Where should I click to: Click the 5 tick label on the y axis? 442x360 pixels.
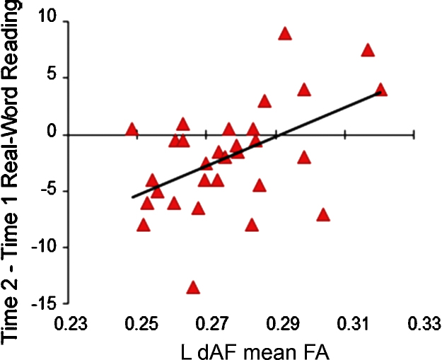(52, 78)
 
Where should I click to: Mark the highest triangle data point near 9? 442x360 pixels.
(285, 34)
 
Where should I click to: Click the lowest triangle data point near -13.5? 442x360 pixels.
(192, 288)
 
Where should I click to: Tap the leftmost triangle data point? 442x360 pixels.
(132, 129)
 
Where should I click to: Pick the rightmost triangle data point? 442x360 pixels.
(380, 90)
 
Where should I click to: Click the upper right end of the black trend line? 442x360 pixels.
(380, 92)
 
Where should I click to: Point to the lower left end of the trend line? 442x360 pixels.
(132, 197)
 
